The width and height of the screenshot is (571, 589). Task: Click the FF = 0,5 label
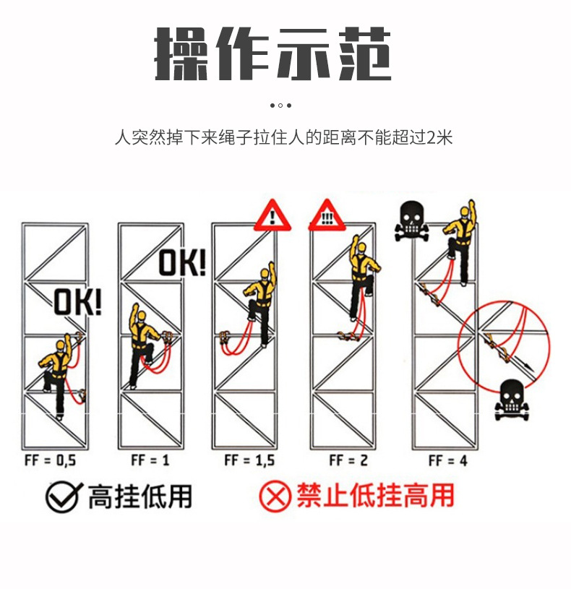51,460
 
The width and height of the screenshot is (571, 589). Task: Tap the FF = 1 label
150,460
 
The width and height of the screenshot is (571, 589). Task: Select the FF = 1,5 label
249,460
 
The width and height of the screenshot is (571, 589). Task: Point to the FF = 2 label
348,460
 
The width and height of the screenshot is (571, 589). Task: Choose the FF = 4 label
448,460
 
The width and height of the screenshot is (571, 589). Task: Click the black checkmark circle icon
63,496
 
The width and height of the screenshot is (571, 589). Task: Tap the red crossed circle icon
275,496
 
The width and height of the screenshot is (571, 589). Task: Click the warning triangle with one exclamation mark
272,215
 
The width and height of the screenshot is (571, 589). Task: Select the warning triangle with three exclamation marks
327,215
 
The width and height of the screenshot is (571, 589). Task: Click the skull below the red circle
512,400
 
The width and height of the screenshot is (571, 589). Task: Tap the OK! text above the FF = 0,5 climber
78,301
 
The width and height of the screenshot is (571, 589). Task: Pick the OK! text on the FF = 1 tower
183,262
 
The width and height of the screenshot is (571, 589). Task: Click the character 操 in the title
181,53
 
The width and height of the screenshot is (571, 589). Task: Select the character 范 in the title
365,53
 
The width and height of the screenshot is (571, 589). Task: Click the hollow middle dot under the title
280,106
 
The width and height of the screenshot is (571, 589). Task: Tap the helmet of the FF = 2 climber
362,248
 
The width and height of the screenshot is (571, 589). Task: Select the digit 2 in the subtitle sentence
432,137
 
